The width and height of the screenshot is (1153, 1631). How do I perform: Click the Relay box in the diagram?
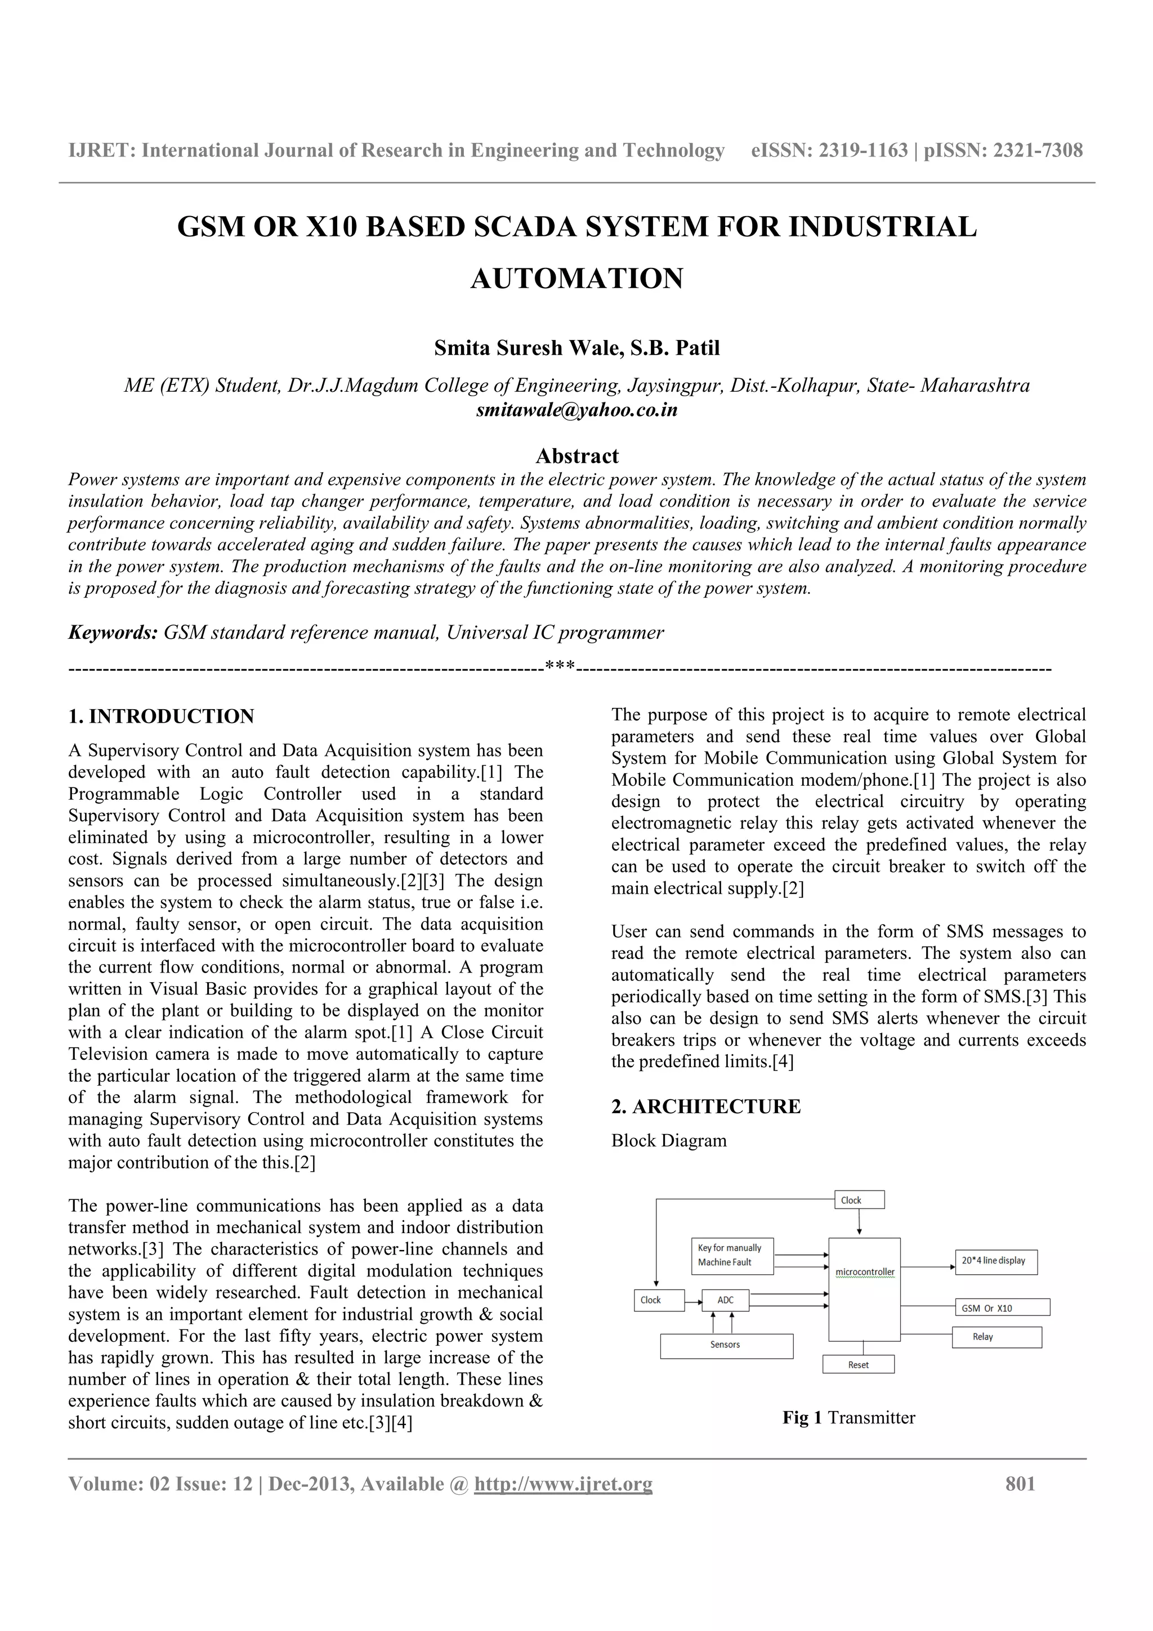pyautogui.click(x=996, y=1337)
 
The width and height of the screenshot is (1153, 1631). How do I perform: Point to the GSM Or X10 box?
pyautogui.click(x=1002, y=1308)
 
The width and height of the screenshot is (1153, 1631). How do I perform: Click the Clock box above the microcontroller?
pyautogui.click(x=859, y=1200)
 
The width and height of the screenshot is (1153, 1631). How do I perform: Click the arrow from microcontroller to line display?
pyautogui.click(x=927, y=1266)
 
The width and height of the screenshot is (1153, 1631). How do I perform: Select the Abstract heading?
pyautogui.click(x=577, y=455)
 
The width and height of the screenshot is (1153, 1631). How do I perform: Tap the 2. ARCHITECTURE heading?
pyautogui.click(x=705, y=1106)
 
